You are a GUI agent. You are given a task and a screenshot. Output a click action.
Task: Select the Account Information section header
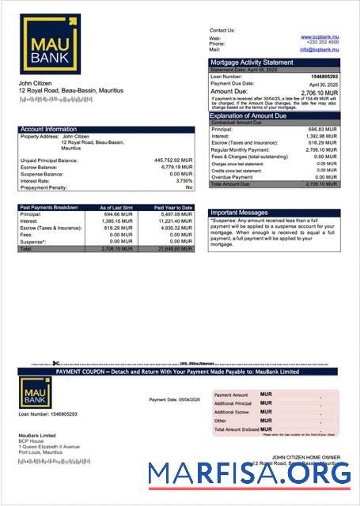[48, 129]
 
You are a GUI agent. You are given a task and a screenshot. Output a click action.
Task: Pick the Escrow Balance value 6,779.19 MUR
[176, 168]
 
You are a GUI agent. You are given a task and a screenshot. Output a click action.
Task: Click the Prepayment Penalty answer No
[189, 187]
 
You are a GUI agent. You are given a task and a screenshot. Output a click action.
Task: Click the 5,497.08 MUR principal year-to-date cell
[175, 214]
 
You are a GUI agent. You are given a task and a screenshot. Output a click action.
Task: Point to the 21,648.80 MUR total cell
[174, 248]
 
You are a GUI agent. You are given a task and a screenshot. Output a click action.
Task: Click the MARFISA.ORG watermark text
[249, 473]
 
